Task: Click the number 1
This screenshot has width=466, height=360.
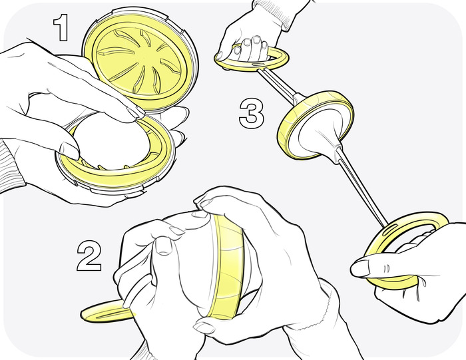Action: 62,29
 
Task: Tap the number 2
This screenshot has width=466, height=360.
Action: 89,256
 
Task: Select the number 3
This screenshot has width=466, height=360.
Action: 252,114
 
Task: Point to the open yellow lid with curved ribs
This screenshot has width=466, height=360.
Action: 140,59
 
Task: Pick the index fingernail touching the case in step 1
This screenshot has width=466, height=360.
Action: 136,112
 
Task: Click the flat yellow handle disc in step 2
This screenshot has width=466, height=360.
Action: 108,311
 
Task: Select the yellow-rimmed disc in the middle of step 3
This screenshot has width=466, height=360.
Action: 316,124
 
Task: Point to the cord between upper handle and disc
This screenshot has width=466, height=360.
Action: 277,84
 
